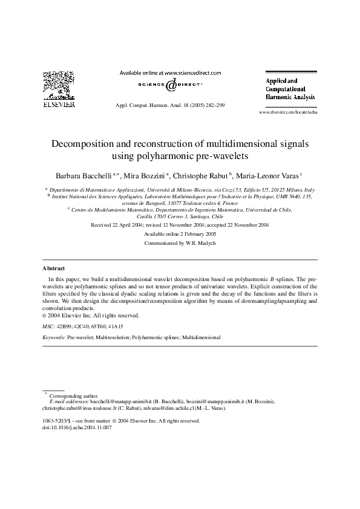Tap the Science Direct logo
[170, 86]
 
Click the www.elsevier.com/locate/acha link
[287, 112]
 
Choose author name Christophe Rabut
[199, 175]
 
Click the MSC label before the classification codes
[48, 326]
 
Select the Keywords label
[54, 336]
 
